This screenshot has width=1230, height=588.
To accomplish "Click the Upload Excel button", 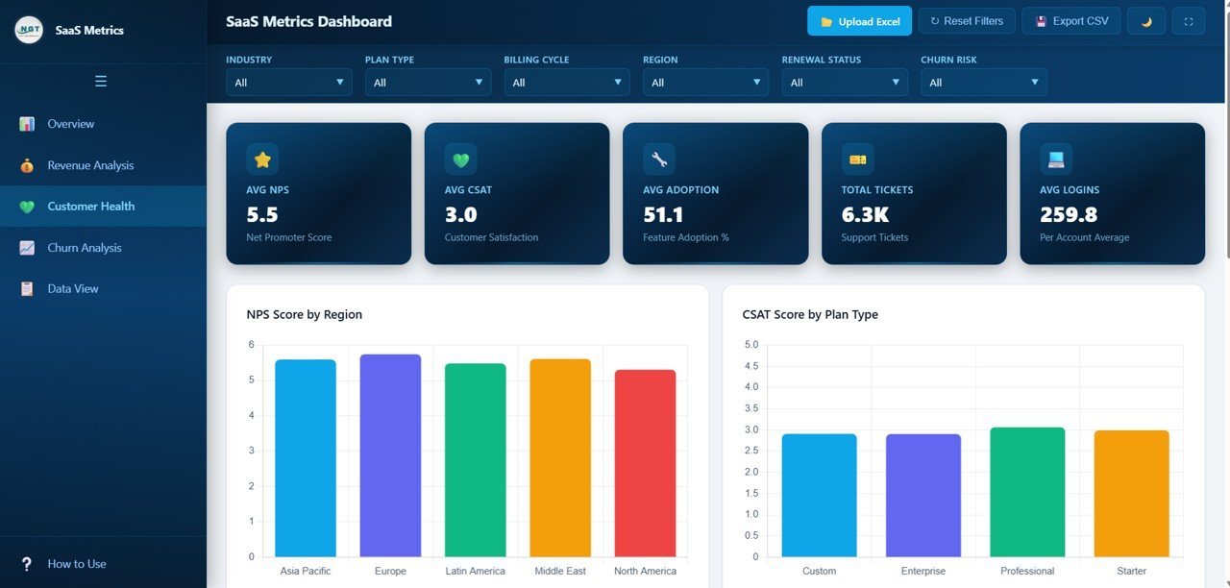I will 859,21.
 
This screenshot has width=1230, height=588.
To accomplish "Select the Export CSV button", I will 1070,21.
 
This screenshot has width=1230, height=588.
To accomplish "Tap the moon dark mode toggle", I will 1145,21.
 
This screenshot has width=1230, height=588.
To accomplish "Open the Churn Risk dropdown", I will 983,83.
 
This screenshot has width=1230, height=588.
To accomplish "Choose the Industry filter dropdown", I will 288,83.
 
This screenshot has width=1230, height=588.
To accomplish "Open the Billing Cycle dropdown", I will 566,83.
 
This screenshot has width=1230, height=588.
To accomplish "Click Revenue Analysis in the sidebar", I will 90,165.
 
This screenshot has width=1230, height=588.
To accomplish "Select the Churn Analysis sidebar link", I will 85,248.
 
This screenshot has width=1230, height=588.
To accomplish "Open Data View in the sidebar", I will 73,289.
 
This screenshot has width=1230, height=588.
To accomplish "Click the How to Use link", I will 77,564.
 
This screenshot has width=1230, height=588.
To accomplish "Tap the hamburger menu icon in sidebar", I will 101,82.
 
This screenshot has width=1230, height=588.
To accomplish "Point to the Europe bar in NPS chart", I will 390,455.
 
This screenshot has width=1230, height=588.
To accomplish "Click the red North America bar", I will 645,463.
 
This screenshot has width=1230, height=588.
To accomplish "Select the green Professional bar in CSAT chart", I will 1027,492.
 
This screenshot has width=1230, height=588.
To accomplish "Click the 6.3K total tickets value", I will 865,214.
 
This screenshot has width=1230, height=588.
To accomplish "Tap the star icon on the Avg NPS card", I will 262,159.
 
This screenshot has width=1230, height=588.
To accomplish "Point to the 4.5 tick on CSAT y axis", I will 750,366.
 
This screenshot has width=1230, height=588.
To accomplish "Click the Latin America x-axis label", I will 475,572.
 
